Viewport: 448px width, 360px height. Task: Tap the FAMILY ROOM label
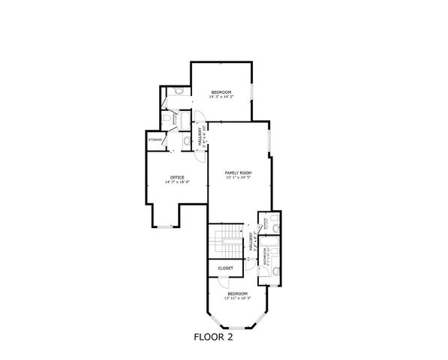pyautogui.click(x=238, y=172)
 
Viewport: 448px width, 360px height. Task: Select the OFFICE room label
pyautogui.click(x=177, y=177)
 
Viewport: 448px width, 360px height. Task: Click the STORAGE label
pyautogui.click(x=155, y=139)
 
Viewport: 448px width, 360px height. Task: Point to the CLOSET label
pyautogui.click(x=225, y=268)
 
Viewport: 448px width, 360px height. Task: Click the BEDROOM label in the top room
pyautogui.click(x=221, y=92)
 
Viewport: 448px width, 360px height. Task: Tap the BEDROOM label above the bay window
pyautogui.click(x=237, y=293)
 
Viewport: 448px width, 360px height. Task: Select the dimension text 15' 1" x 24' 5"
pyautogui.click(x=238, y=178)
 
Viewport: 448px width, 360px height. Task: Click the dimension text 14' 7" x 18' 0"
pyautogui.click(x=177, y=182)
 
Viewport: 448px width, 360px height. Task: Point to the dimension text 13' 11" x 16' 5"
pyautogui.click(x=237, y=298)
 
